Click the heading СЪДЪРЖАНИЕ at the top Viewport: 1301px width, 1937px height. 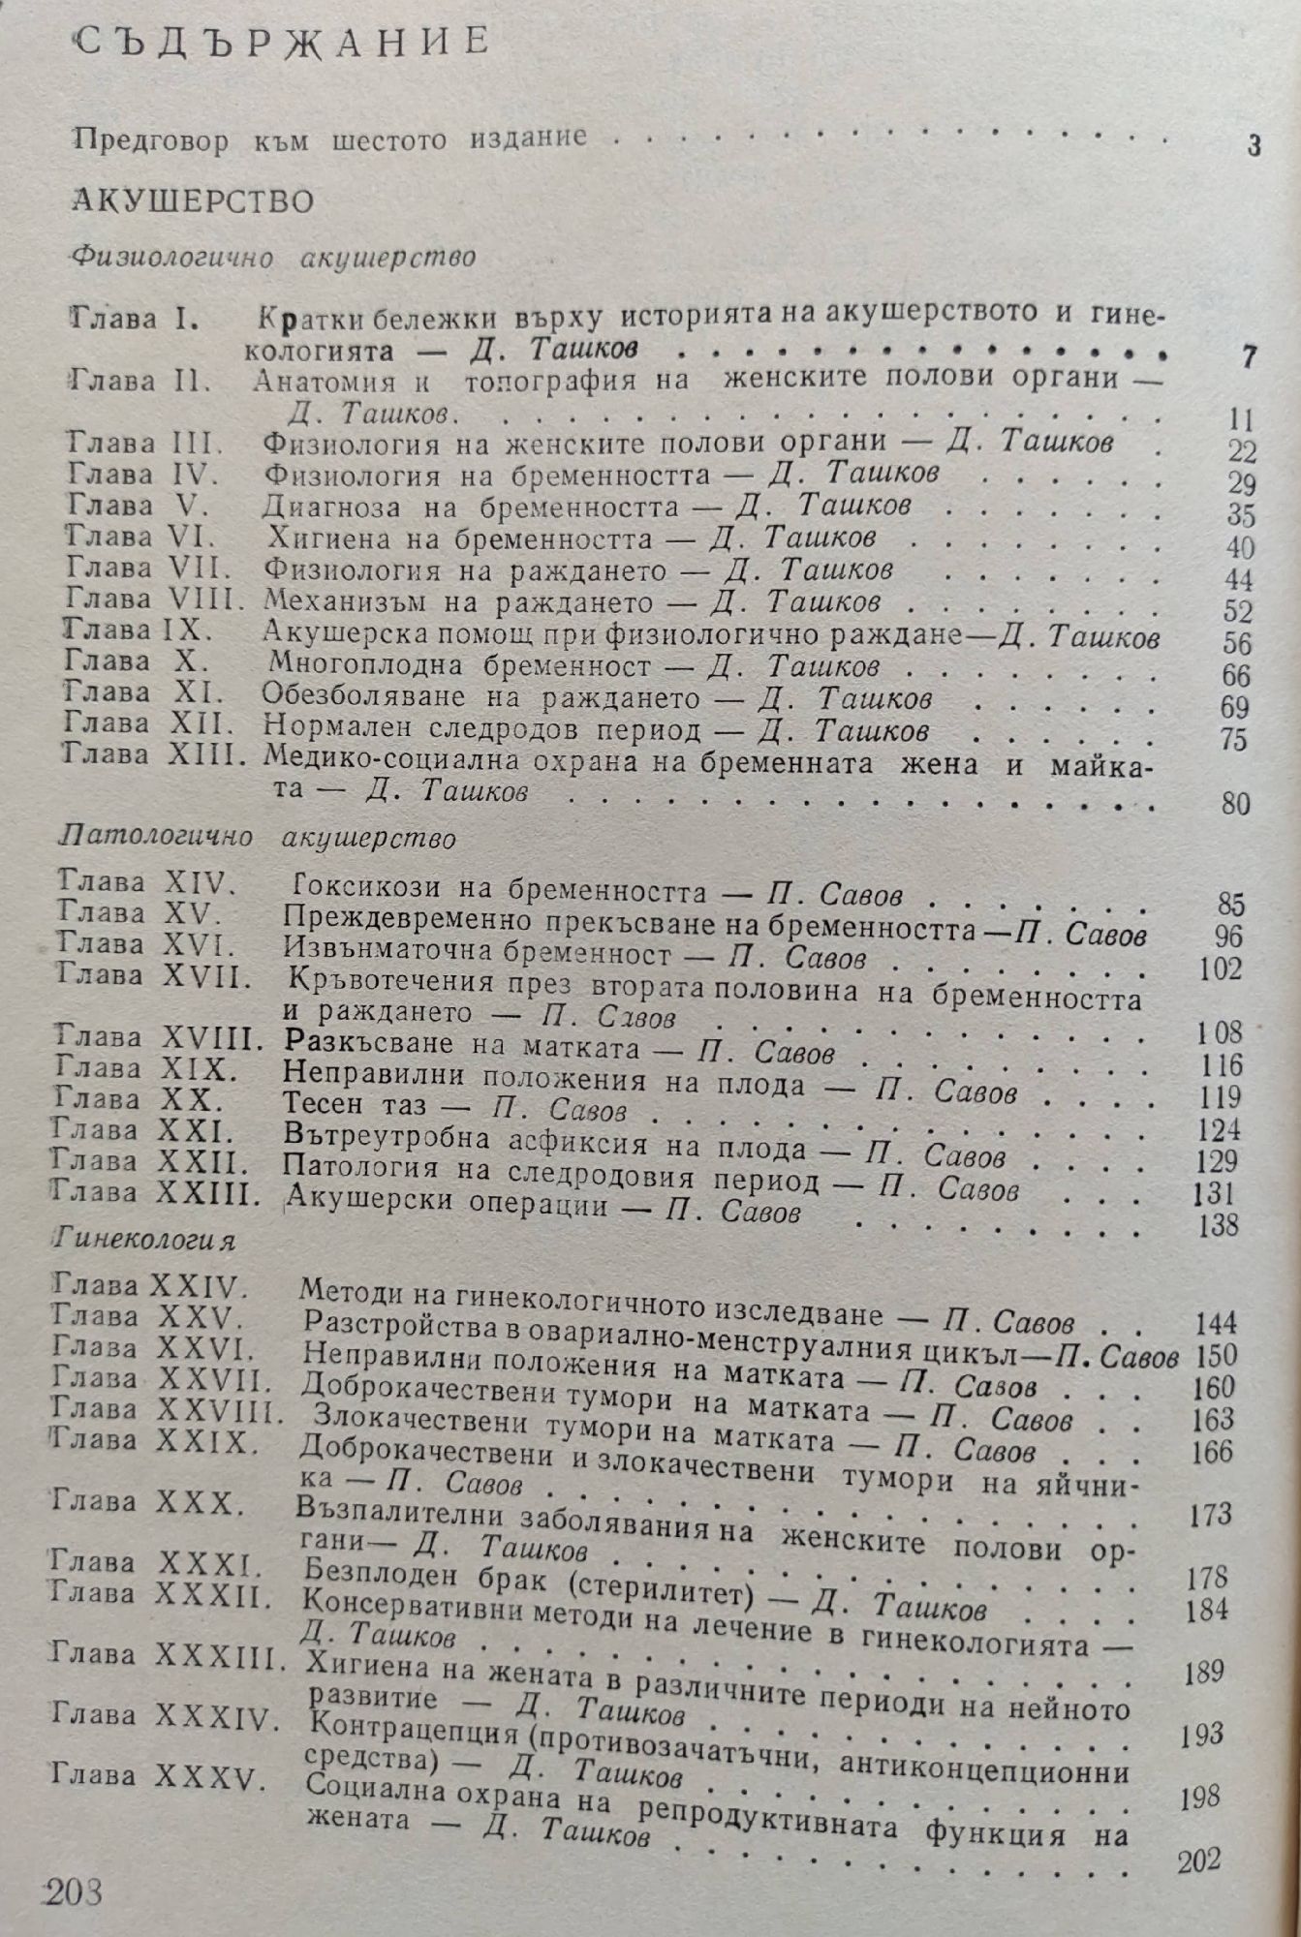click(x=282, y=45)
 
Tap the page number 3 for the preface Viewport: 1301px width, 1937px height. click(x=1254, y=146)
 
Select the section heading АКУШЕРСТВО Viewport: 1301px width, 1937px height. click(x=194, y=200)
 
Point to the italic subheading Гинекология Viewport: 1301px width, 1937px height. click(x=145, y=1239)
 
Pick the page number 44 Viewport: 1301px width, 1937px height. click(x=1238, y=580)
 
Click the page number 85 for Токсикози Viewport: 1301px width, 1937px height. click(x=1229, y=906)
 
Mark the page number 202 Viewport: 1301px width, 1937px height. click(x=1199, y=1860)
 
